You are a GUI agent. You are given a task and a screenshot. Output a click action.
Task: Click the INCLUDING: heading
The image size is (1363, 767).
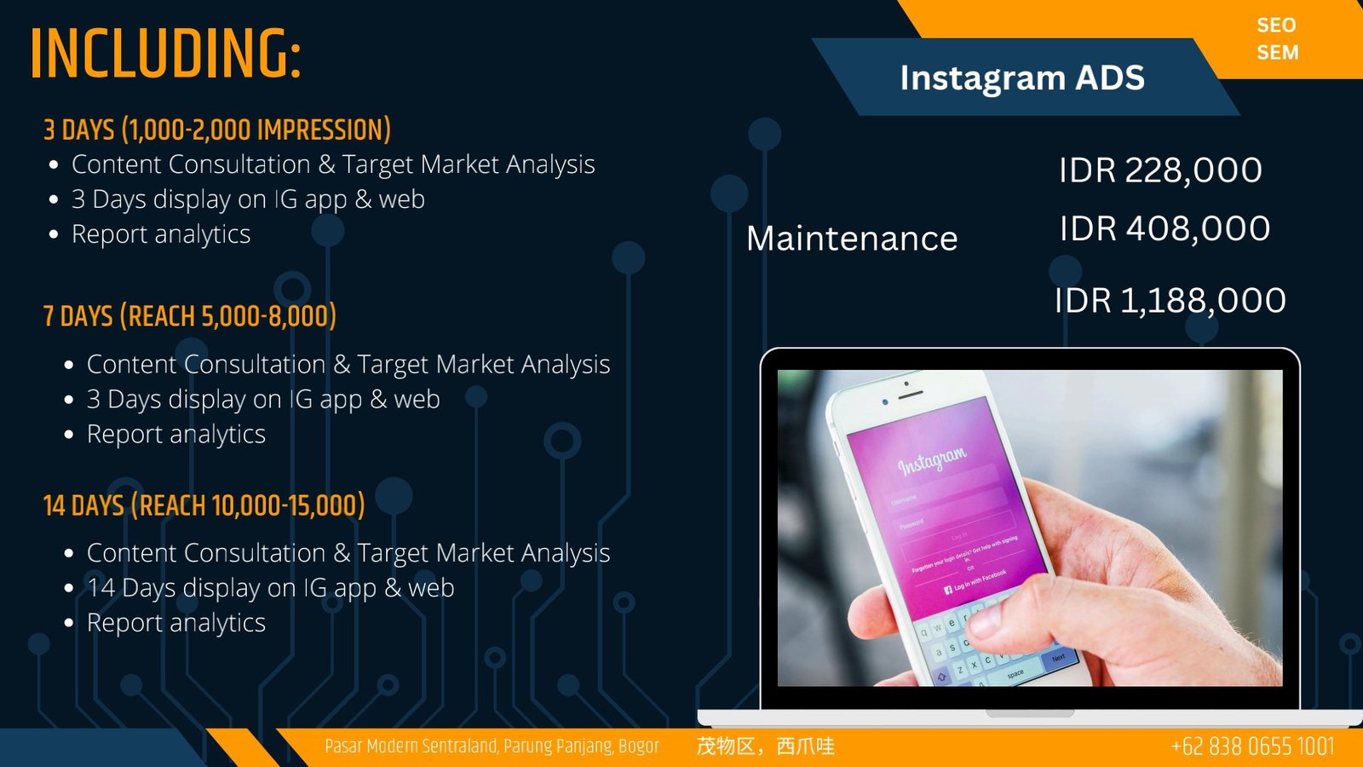pyautogui.click(x=165, y=54)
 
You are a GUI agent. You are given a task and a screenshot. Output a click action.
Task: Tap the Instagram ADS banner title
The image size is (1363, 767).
pyautogui.click(x=1022, y=78)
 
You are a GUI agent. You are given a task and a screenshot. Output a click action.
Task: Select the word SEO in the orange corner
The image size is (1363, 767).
pyautogui.click(x=1276, y=26)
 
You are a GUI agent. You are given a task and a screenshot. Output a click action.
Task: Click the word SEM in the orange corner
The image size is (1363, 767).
pyautogui.click(x=1277, y=52)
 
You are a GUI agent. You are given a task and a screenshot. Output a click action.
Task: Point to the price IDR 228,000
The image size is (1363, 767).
pyautogui.click(x=1160, y=170)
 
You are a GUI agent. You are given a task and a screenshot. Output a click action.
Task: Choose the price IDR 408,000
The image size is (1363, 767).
pyautogui.click(x=1165, y=229)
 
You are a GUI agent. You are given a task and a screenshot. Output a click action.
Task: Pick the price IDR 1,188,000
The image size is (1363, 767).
pyautogui.click(x=1170, y=301)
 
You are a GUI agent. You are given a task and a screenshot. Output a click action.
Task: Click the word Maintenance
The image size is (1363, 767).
pyautogui.click(x=852, y=238)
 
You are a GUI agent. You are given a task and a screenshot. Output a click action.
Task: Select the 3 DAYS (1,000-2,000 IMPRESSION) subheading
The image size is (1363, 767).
pyautogui.click(x=216, y=130)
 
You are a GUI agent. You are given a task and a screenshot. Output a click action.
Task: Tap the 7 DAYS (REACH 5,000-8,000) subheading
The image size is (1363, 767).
pyautogui.click(x=189, y=316)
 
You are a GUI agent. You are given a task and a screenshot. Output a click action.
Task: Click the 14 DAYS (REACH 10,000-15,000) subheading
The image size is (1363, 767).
pyautogui.click(x=204, y=505)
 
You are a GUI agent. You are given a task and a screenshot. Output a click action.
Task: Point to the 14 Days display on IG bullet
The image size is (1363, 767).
pyautogui.click(x=270, y=588)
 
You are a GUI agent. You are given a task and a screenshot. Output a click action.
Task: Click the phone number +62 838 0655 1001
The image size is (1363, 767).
pyautogui.click(x=1252, y=747)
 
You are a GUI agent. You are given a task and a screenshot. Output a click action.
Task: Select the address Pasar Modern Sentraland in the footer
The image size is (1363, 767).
pyautogui.click(x=492, y=747)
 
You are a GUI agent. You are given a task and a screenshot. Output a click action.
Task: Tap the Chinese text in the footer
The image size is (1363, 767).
pyautogui.click(x=765, y=747)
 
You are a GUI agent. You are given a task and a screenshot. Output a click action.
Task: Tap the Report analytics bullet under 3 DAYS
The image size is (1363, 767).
pyautogui.click(x=161, y=234)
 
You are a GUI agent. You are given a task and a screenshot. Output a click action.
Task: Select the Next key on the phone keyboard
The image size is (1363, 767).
pyautogui.click(x=1058, y=658)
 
